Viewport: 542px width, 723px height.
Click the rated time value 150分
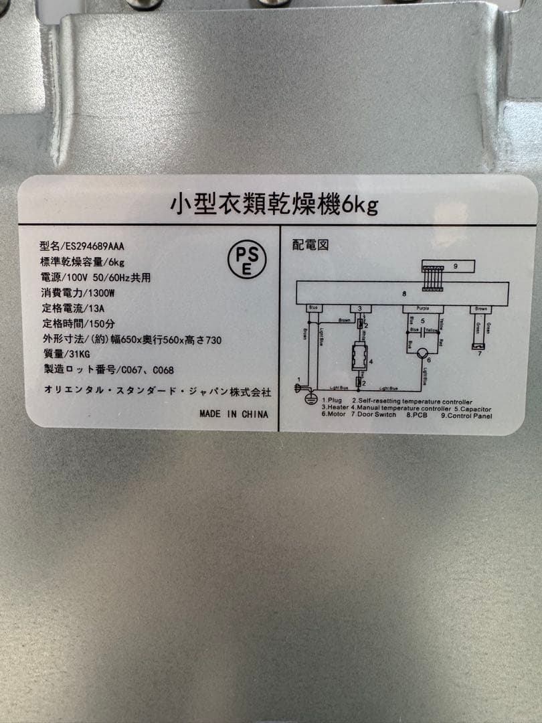96,324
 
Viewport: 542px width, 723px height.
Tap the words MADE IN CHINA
234,414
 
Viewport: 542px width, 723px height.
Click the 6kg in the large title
360,204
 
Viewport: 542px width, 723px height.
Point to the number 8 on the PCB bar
404,293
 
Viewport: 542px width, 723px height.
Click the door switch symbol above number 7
478,346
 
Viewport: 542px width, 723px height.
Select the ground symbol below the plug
310,398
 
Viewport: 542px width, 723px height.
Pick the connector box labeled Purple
422,309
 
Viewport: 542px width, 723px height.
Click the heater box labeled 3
361,309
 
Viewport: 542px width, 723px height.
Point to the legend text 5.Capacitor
472,409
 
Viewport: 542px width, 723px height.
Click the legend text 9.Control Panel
466,416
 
